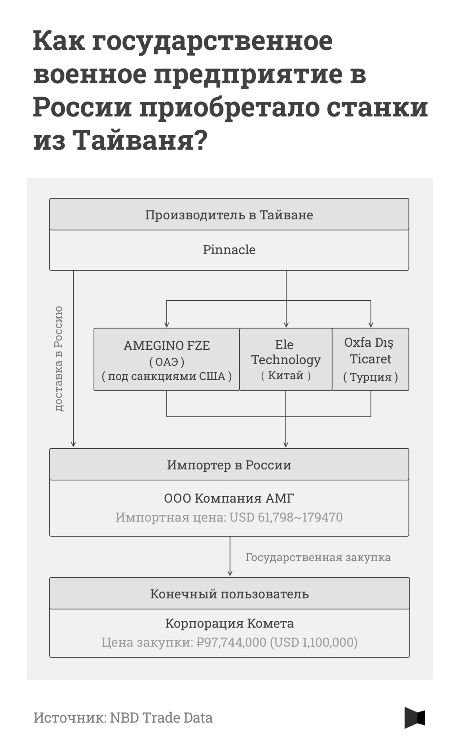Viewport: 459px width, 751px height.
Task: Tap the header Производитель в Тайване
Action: point(229,215)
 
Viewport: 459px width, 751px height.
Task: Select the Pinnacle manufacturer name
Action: point(229,250)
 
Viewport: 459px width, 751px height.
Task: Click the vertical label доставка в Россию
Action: point(59,359)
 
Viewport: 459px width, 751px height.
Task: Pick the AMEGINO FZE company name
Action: point(167,345)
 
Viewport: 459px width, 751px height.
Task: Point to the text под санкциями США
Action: point(167,376)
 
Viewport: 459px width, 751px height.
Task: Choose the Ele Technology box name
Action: point(286,352)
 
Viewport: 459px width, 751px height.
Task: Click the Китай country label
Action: point(286,375)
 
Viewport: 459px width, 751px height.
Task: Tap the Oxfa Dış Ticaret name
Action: point(370,351)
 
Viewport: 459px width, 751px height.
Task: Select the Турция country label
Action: point(370,377)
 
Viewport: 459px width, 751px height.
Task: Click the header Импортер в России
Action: point(229,465)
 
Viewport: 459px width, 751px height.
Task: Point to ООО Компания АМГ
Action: point(229,498)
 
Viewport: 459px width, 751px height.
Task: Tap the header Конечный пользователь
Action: point(229,594)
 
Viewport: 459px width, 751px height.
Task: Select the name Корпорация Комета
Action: point(229,623)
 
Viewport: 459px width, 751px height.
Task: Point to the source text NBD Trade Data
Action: point(161,717)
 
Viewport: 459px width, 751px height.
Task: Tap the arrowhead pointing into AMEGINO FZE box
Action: point(166,325)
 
